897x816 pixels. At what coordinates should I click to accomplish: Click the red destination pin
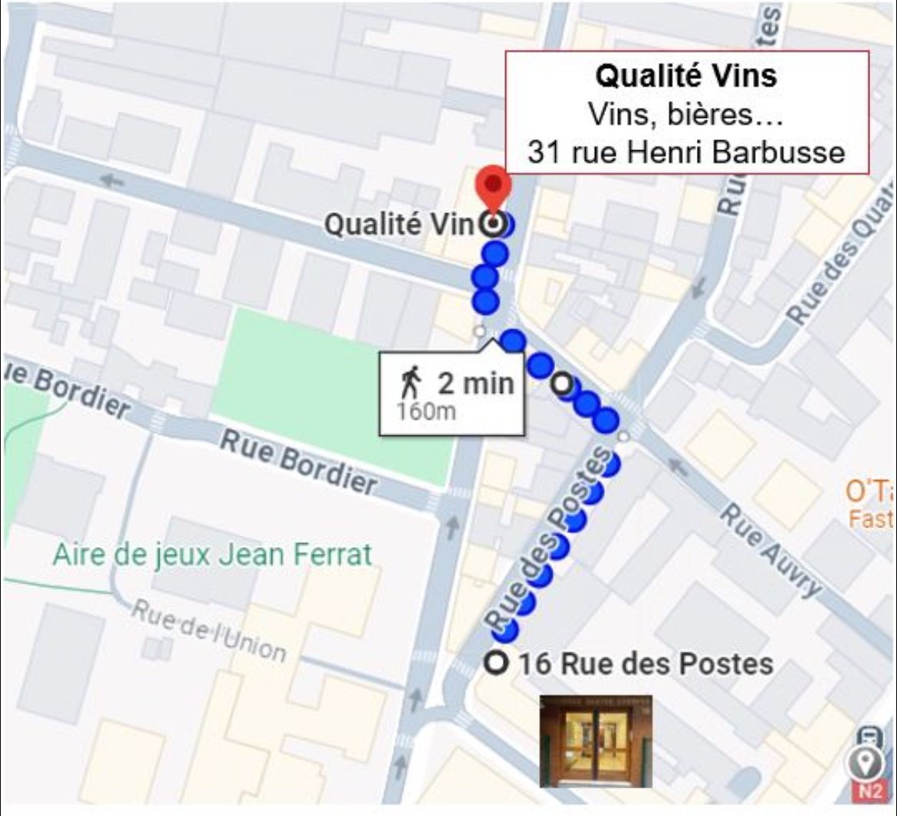[x=493, y=184]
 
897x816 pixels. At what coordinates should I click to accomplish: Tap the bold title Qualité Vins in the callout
[x=686, y=76]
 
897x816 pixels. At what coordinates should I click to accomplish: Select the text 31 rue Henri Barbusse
[x=686, y=152]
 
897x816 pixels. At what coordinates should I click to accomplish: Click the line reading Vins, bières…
[x=686, y=114]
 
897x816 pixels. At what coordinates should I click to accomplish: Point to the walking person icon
[x=412, y=382]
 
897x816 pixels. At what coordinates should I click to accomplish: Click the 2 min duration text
[x=475, y=382]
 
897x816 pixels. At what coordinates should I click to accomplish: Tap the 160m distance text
[x=426, y=411]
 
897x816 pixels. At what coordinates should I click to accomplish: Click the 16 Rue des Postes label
[x=646, y=664]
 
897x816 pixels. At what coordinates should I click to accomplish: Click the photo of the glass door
[x=596, y=741]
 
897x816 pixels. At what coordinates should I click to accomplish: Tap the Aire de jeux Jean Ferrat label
[x=212, y=554]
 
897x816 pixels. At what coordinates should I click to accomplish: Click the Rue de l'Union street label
[x=209, y=631]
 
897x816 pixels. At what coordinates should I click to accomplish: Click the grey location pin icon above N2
[x=869, y=762]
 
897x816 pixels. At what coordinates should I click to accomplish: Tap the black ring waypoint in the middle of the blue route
[x=564, y=384]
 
